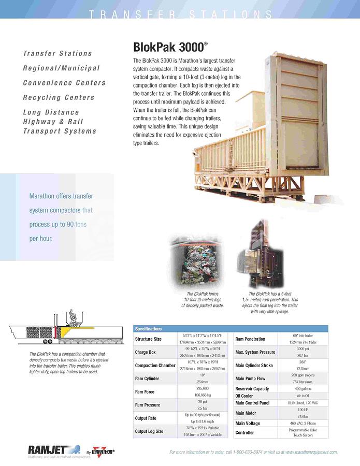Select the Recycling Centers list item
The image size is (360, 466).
[59, 97]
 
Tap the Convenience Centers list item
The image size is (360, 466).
[64, 83]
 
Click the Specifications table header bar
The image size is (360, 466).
[231, 329]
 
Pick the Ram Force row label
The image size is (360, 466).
[145, 392]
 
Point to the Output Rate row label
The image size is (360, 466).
[147, 418]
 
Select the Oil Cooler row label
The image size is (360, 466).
[244, 396]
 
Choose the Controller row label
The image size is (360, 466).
[244, 432]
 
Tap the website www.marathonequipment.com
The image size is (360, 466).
[311, 452]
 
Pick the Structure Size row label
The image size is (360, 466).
[148, 339]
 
